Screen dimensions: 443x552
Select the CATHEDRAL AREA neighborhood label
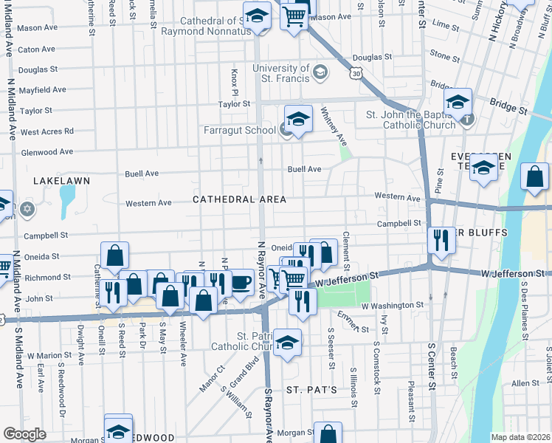click(x=239, y=200)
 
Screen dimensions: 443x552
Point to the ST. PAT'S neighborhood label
click(x=311, y=389)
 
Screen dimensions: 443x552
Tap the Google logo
click(x=24, y=434)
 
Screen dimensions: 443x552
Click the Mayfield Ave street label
click(x=42, y=90)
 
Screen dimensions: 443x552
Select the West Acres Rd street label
click(x=46, y=131)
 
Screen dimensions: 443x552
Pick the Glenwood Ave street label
click(x=46, y=152)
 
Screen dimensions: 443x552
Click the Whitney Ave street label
click(x=332, y=125)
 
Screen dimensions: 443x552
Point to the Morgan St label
click(x=291, y=433)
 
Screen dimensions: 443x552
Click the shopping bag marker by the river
click(x=534, y=176)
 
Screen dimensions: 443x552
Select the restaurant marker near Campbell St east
click(x=441, y=239)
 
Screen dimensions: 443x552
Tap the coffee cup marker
click(x=242, y=281)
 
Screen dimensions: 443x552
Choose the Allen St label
click(x=525, y=383)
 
